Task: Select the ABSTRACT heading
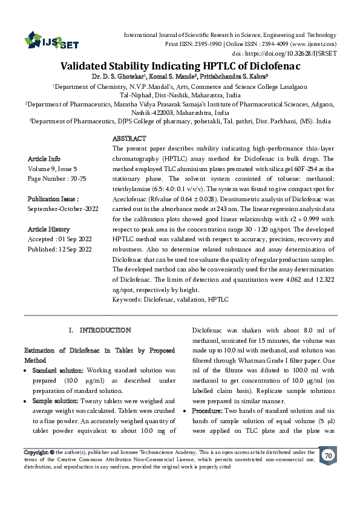tap(129, 139)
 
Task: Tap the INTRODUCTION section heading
tap(100, 330)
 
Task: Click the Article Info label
tap(44, 158)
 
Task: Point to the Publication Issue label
tap(53, 198)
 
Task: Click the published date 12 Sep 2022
tap(76, 249)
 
